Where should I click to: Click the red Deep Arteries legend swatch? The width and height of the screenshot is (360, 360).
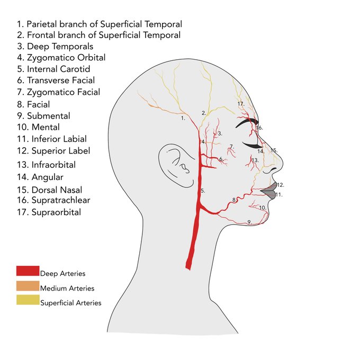coord(28,271)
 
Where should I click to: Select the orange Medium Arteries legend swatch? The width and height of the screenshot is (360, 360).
coord(28,286)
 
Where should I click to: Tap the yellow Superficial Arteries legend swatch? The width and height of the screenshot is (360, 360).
coord(28,301)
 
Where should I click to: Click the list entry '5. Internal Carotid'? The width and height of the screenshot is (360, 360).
coord(53,69)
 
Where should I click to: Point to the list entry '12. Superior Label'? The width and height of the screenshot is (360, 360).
coord(61,151)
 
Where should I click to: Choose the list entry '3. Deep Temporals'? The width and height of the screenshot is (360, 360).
coord(55,47)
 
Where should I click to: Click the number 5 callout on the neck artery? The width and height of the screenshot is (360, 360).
coord(203,191)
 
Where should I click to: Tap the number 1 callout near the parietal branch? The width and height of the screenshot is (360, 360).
coord(183,119)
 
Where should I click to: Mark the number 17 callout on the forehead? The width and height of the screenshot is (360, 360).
coord(241,104)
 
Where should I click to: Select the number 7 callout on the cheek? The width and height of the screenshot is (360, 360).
coord(231,147)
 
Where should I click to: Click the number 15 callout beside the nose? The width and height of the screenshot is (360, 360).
coord(274,150)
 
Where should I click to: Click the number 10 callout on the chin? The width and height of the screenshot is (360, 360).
coord(262,208)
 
